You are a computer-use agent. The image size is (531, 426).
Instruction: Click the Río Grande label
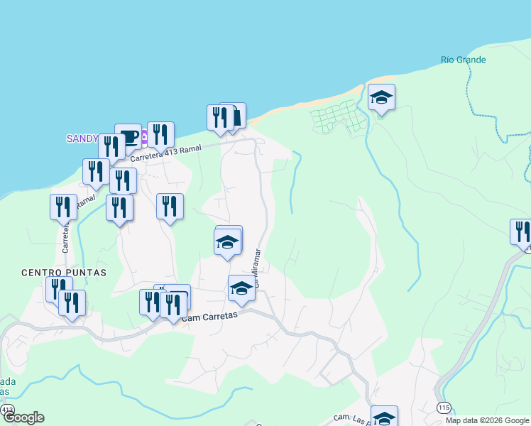coord(463,60)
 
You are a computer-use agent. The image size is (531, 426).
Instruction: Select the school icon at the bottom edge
coord(384,417)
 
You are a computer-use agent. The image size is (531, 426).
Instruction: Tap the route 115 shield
coord(444,407)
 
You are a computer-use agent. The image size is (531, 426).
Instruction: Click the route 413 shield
coord(7,410)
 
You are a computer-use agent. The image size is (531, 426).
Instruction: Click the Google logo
coord(23,417)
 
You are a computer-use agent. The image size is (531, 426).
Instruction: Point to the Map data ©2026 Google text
coord(488,420)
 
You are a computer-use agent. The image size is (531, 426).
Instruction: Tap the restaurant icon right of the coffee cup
coord(160,133)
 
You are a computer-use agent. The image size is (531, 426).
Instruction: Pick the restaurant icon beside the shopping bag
coord(219,117)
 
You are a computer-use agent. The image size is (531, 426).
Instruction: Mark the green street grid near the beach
coord(336,117)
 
